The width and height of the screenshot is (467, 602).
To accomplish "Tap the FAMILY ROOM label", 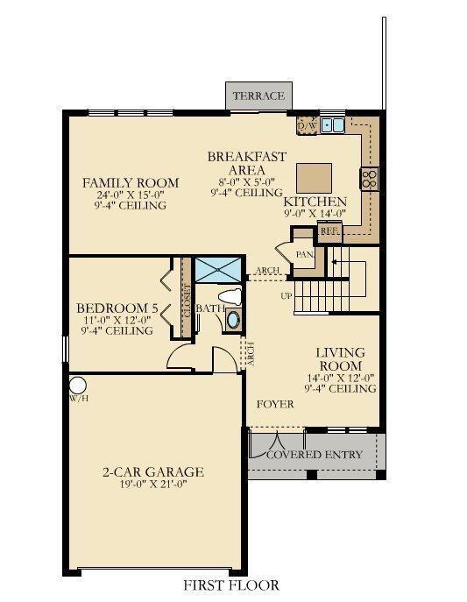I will coord(131,183).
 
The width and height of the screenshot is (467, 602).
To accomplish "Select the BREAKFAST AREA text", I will coord(246,162).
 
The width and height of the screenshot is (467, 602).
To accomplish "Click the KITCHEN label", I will coord(315,201).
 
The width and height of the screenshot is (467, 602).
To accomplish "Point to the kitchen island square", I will coord(313,178).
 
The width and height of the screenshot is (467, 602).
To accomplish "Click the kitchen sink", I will coord(333,126).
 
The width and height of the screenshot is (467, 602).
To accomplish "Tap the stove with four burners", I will coord(369,179).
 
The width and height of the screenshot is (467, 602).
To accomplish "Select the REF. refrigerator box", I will coord(329,230).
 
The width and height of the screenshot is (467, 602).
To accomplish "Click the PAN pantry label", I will coord(304,254).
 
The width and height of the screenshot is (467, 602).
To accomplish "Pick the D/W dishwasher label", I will coord(307,127).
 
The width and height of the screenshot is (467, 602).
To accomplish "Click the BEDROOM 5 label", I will coord(117,308).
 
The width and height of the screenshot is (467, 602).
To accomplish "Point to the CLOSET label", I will coord(187,301).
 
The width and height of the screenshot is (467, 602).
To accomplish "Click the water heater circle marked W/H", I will coord(76,385).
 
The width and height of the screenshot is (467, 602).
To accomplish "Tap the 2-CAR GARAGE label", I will coord(152,472).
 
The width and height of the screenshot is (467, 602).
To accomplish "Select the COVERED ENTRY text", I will coord(314,454).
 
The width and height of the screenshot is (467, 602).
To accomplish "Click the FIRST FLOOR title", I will coord(231,584).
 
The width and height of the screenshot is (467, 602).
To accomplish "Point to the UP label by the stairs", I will coord(286,295).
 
